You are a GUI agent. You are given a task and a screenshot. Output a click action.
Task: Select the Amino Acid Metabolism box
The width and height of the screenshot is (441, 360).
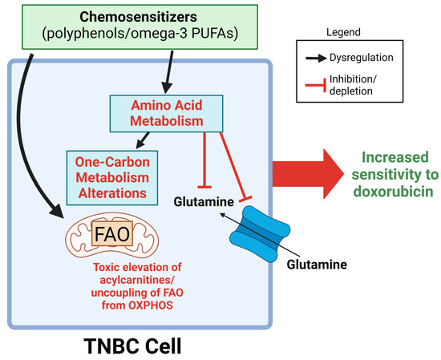click(160, 111)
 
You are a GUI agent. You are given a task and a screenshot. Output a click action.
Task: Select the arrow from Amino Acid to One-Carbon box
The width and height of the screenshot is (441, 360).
click(144, 138)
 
